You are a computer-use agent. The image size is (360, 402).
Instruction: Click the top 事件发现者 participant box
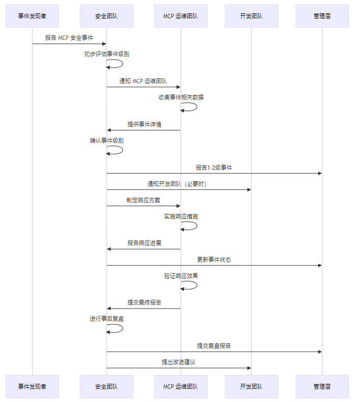[32, 16]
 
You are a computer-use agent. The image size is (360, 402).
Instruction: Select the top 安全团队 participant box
[107, 16]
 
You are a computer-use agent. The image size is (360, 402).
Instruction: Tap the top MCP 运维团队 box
[180, 16]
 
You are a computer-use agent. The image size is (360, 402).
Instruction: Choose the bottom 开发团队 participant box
[251, 387]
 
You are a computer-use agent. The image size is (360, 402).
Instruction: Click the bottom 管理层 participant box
[322, 387]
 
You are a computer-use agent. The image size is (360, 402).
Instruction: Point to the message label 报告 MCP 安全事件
[69, 38]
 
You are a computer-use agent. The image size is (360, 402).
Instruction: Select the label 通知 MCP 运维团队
[143, 81]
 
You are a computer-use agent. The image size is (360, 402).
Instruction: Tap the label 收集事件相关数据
[181, 97]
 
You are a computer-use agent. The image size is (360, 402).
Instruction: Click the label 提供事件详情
[144, 124]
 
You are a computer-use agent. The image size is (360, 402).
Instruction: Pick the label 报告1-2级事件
[214, 168]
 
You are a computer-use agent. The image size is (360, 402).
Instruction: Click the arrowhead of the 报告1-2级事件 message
[320, 173]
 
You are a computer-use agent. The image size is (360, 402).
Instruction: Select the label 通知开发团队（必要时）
[179, 184]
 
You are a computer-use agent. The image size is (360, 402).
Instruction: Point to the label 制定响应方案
[143, 200]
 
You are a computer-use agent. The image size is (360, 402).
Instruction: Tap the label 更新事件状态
[214, 260]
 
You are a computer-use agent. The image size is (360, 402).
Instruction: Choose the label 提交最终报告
[144, 303]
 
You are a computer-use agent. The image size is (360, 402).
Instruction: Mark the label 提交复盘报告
[214, 346]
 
